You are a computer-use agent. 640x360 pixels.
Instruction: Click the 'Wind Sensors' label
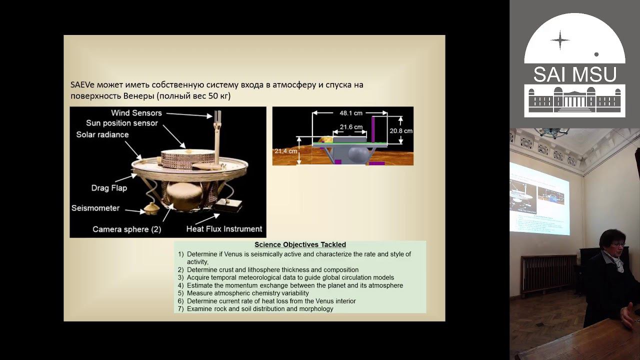(x=136, y=113)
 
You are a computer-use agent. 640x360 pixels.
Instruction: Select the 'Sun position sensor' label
(x=121, y=123)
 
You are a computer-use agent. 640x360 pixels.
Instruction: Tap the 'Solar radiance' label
(x=102, y=134)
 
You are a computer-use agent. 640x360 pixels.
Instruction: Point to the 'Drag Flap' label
(x=109, y=188)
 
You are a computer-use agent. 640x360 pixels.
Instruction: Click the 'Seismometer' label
(x=95, y=208)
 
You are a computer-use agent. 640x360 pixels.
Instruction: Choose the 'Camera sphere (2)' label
(x=127, y=229)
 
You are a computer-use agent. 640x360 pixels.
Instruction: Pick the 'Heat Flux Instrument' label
(x=224, y=229)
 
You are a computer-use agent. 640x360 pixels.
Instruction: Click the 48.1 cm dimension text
(x=351, y=113)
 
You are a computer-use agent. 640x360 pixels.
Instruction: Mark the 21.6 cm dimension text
(x=351, y=127)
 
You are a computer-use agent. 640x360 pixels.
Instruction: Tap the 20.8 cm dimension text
(x=401, y=131)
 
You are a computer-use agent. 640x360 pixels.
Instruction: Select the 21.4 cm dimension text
(x=285, y=151)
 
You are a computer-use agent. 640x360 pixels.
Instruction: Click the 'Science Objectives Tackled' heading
(x=300, y=244)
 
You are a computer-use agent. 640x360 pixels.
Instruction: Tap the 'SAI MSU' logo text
(x=575, y=74)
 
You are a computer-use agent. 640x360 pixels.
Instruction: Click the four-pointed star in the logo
(x=560, y=40)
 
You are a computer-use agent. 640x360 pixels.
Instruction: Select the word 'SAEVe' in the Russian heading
(x=82, y=85)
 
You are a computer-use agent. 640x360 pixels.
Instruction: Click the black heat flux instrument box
(x=228, y=205)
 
